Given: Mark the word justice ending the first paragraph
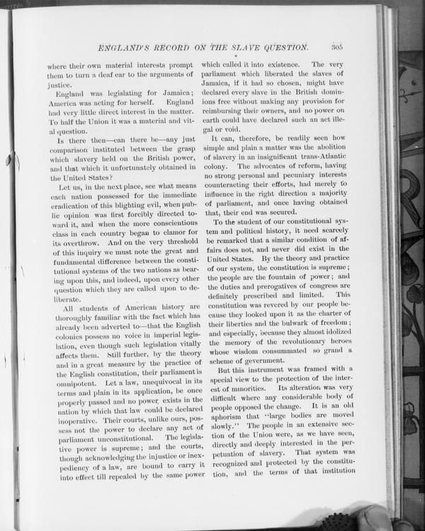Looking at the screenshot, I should pos(59,85).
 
